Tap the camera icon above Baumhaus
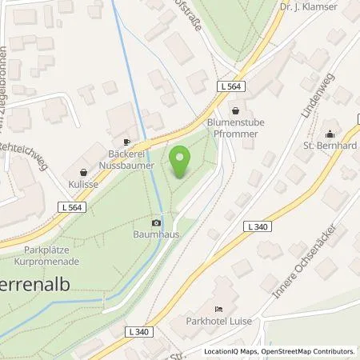(x=156, y=222)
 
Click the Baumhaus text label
(x=156, y=236)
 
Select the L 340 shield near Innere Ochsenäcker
(x=258, y=227)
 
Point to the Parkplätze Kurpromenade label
(x=46, y=256)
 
